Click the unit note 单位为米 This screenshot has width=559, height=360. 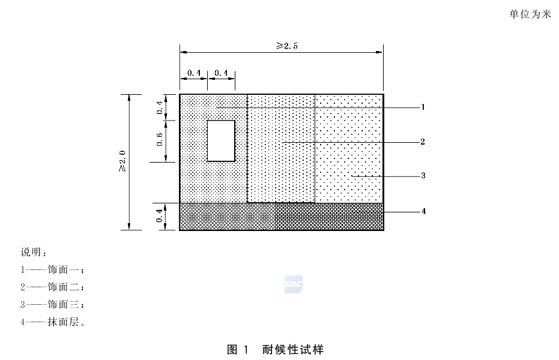(x=530, y=14)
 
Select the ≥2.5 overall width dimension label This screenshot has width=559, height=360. (x=287, y=46)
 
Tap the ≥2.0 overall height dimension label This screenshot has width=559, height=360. (x=122, y=161)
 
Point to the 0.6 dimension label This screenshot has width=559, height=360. (x=159, y=139)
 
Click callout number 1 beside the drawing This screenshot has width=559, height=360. (x=423, y=107)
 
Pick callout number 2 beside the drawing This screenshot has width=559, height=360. (x=423, y=142)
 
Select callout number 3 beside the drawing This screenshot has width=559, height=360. (x=423, y=176)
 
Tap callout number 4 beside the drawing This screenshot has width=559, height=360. (x=423, y=211)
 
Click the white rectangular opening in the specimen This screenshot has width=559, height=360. (x=221, y=140)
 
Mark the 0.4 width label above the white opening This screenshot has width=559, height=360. (x=222, y=73)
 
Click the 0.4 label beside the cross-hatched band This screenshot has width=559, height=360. (x=159, y=215)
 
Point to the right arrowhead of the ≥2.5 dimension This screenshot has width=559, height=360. (x=380, y=52)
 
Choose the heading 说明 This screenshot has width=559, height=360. (x=34, y=252)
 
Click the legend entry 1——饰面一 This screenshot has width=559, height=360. (x=52, y=270)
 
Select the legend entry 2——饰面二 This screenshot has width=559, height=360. (x=52, y=287)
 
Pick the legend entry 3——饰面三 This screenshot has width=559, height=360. (x=52, y=304)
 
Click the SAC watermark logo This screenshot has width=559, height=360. (x=294, y=284)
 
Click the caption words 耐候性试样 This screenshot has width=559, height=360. (x=293, y=350)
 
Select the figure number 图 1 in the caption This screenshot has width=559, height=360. (x=237, y=350)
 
